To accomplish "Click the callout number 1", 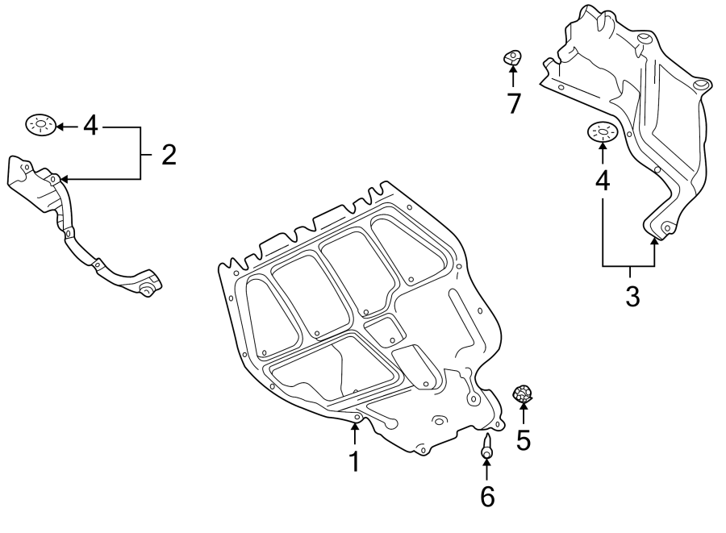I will [353, 462].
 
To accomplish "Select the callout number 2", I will [168, 154].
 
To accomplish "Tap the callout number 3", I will [632, 296].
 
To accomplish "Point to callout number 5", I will [524, 440].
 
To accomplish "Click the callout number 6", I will [486, 497].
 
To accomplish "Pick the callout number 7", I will [513, 103].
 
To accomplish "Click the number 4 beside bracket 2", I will [90, 126].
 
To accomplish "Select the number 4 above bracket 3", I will [603, 181].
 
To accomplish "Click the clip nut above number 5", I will [524, 394].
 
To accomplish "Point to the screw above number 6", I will [486, 446].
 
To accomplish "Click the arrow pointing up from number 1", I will [353, 434].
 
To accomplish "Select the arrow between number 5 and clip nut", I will [524, 414].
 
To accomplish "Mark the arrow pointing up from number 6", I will [486, 469].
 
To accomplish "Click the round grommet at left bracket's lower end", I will [147, 288].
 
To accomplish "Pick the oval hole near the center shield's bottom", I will [440, 420].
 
